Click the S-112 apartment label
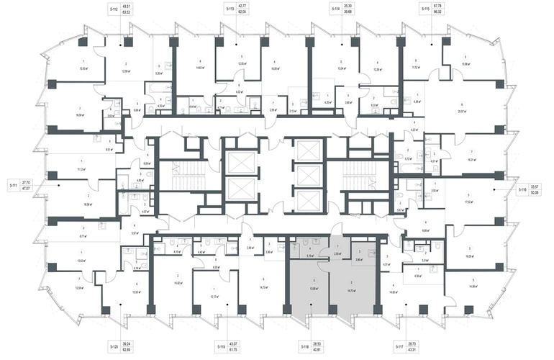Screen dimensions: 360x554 (x=114, y=10)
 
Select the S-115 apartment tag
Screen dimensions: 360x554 (x=425, y=10)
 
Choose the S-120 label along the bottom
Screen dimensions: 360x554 (x=114, y=348)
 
